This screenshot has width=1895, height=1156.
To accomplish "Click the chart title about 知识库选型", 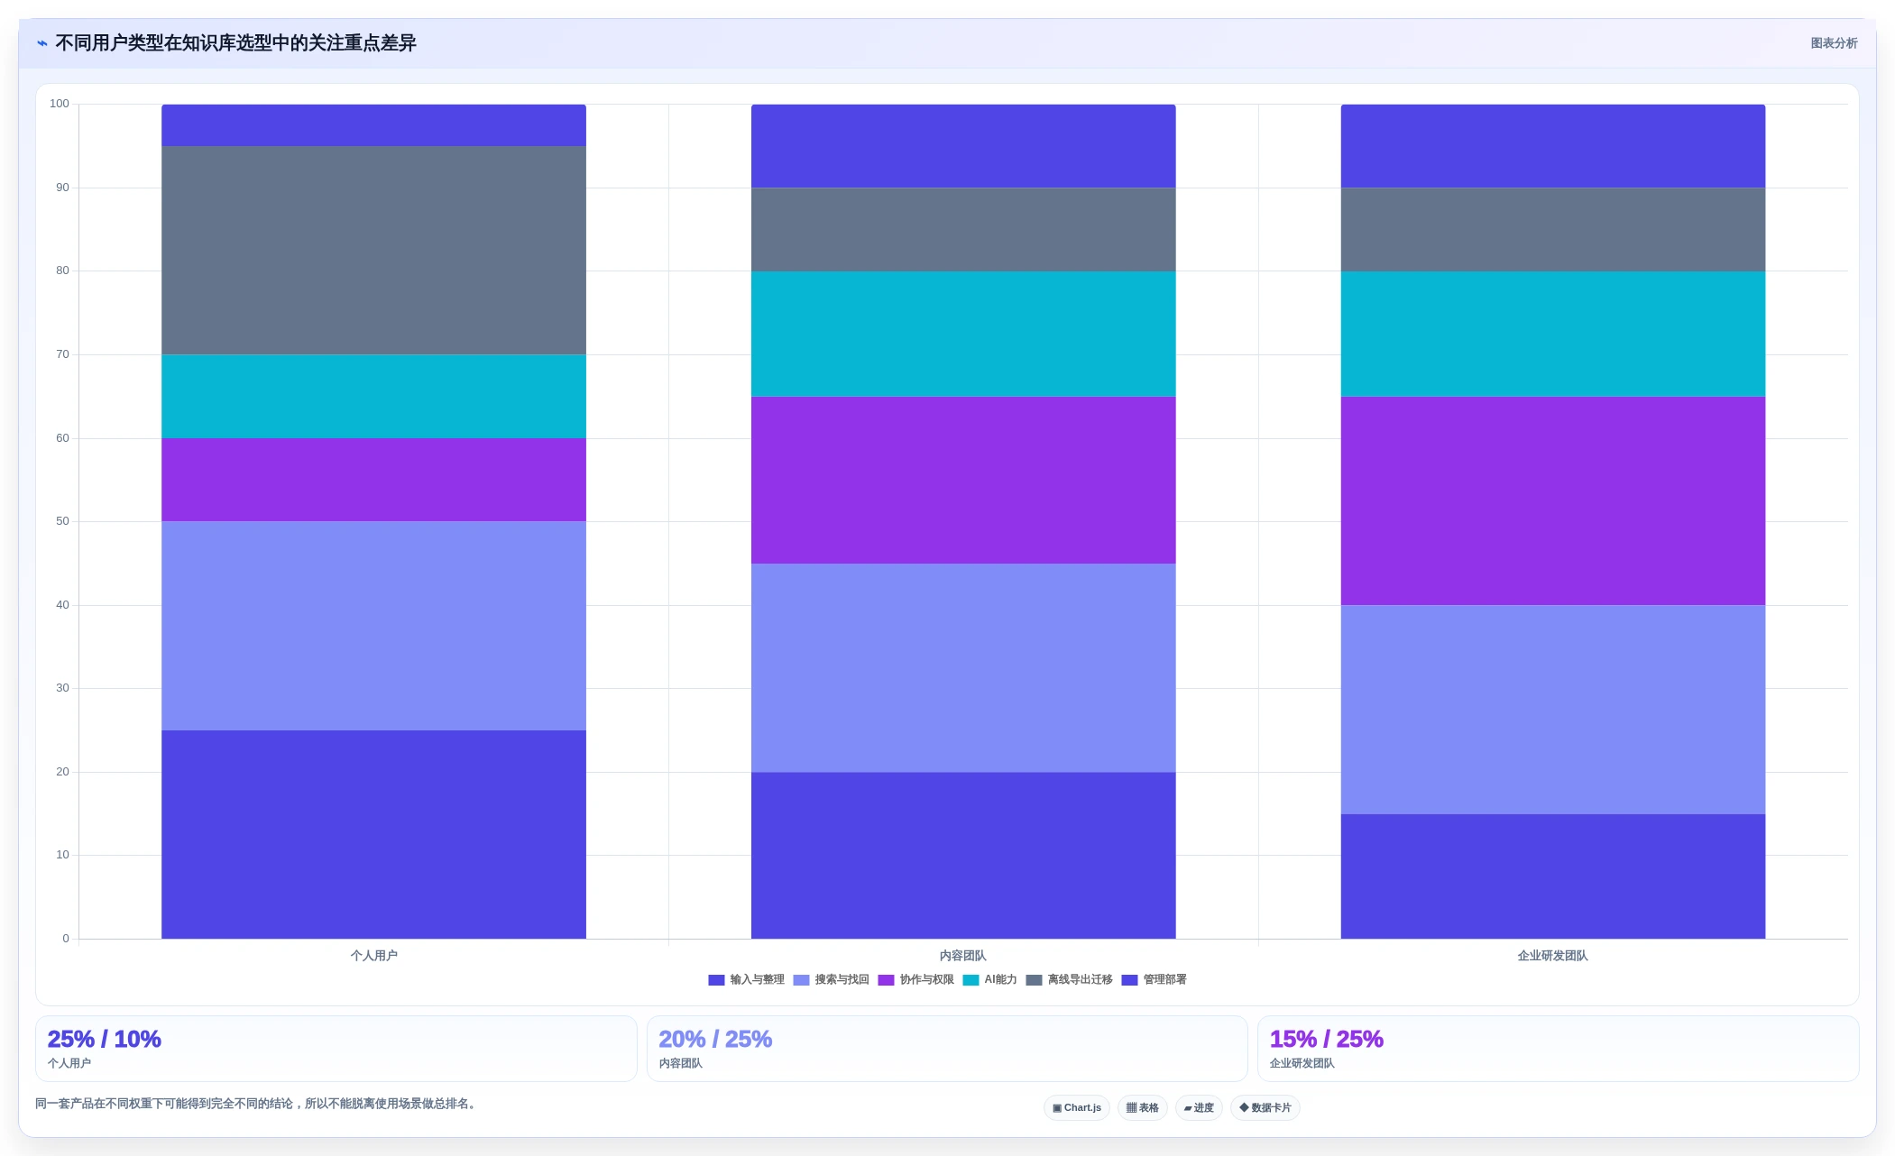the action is point(235,43).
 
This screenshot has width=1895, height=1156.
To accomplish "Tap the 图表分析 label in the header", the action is point(1834,43).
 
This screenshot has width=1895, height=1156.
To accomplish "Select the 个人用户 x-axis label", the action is point(373,956).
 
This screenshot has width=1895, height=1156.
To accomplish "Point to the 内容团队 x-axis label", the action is point(963,956).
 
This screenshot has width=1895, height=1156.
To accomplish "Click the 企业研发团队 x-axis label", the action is point(1552,956).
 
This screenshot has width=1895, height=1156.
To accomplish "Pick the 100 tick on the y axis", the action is point(60,104).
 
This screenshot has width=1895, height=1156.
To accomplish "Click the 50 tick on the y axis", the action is point(62,521).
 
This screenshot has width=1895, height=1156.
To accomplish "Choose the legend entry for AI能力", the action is point(989,980).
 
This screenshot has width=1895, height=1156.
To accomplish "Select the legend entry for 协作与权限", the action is point(915,980).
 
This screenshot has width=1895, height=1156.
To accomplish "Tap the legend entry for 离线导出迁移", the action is point(1069,980).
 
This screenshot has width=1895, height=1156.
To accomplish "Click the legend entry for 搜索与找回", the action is point(831,980).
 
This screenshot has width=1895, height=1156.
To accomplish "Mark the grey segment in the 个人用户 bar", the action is point(373,251).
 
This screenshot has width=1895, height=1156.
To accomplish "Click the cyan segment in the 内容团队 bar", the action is point(963,334).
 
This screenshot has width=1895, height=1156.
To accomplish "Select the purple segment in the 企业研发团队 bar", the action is point(1552,500).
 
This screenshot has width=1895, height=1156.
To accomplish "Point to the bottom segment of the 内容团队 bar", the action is point(963,855).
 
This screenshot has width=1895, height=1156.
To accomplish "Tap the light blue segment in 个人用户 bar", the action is point(373,626).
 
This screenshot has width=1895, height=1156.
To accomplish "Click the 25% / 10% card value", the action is point(104,1039).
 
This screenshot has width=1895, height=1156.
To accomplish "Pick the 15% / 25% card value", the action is point(1326,1039).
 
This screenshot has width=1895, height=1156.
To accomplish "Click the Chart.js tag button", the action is point(1077,1108).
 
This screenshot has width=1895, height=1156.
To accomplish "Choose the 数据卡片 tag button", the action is point(1265,1108).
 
